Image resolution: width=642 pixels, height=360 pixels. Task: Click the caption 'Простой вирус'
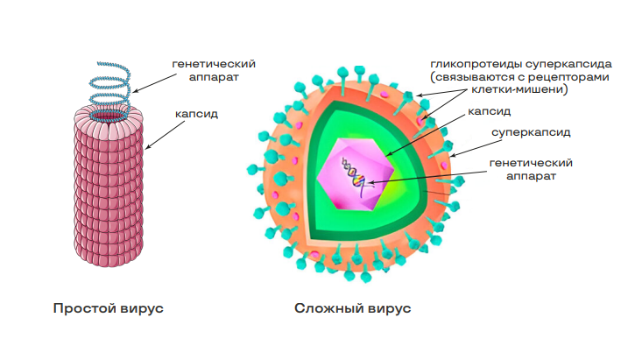click(x=109, y=308)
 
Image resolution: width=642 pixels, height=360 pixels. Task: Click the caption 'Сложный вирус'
click(x=352, y=308)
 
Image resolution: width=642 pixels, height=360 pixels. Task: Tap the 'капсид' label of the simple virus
click(x=198, y=113)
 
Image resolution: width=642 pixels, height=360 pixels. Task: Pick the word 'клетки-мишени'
click(x=520, y=89)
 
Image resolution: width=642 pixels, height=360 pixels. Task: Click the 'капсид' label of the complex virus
click(x=489, y=112)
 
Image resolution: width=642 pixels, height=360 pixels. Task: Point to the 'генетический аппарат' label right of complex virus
click(x=531, y=168)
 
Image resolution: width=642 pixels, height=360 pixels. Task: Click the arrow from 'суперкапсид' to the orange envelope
click(x=471, y=146)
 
